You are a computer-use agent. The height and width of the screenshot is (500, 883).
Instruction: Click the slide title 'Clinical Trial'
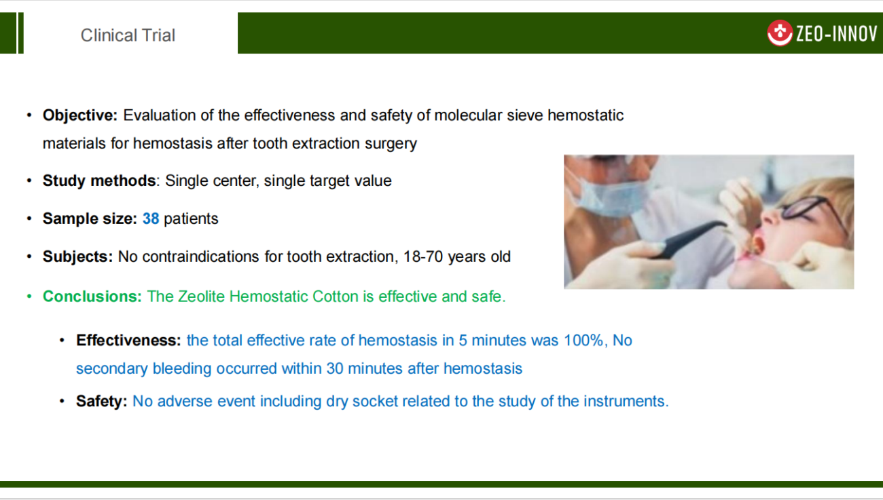coord(128,35)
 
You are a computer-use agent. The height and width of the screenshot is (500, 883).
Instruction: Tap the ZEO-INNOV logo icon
coord(780,33)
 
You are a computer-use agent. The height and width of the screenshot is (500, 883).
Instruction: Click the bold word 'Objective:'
coord(80,115)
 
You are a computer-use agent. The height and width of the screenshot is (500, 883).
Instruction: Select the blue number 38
coord(151,218)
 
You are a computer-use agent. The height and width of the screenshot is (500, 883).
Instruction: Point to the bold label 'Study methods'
coord(99,180)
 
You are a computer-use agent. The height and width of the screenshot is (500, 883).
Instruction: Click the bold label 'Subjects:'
coord(77,256)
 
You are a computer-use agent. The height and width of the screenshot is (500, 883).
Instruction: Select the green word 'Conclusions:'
coord(92,296)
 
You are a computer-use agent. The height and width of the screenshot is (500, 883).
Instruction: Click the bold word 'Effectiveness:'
coord(128,340)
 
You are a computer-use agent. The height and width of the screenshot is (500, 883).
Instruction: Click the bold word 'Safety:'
coord(102,401)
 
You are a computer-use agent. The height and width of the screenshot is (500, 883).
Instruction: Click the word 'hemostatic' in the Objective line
coord(585,115)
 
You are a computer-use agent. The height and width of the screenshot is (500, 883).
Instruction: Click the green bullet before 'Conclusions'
coord(29,296)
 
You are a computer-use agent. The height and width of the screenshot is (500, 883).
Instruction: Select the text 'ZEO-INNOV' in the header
coord(837,33)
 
